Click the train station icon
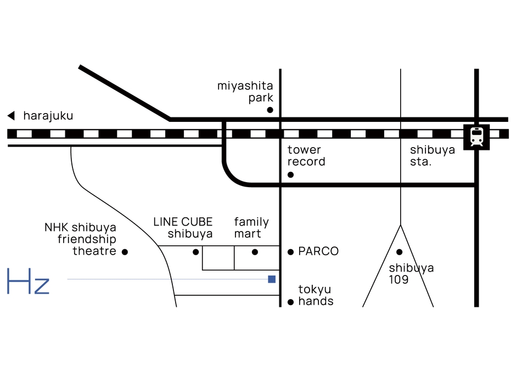click(476, 136)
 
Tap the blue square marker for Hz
click(271, 279)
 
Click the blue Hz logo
click(28, 282)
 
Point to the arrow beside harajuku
click(10, 116)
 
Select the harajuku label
click(48, 116)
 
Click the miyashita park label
click(245, 92)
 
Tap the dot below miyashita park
click(270, 110)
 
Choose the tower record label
click(306, 156)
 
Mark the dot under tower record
click(290, 175)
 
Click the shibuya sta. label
click(433, 156)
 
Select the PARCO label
click(318, 251)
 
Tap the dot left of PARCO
click(291, 252)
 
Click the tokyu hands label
click(316, 295)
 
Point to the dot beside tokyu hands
click(291, 302)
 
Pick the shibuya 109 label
click(411, 273)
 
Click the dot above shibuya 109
click(400, 252)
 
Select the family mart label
click(251, 228)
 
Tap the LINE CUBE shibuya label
click(183, 228)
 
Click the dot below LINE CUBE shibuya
click(196, 252)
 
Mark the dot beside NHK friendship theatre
click(125, 252)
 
